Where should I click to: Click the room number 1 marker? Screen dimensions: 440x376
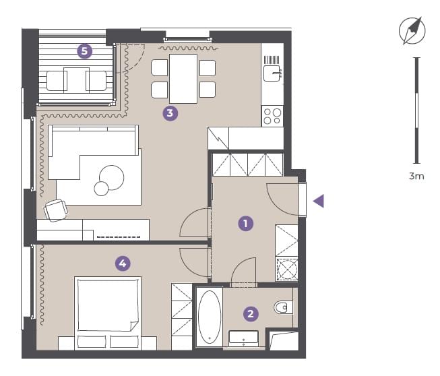tap(245, 223)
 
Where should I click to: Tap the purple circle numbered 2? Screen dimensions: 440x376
tap(251, 313)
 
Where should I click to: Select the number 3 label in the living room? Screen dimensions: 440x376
tap(170, 113)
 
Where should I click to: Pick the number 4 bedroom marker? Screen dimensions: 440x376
tap(123, 263)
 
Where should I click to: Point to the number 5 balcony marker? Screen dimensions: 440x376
tap(84, 51)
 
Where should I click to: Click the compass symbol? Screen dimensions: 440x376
tap(412, 30)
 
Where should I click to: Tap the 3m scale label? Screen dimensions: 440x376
tap(416, 177)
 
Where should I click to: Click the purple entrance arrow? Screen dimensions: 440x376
tap(319, 201)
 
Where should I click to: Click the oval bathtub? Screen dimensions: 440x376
tap(210, 317)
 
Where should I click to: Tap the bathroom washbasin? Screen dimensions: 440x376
tap(243, 339)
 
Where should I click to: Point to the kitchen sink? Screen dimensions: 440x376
tap(272, 73)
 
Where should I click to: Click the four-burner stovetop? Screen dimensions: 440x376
tap(272, 116)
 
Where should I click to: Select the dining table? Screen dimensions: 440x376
tap(183, 79)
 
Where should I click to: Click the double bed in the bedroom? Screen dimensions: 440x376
tap(108, 313)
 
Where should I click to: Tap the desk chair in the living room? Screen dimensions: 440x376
tap(56, 210)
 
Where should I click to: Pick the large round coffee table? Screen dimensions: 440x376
tap(111, 178)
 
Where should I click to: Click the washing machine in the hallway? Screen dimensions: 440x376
tap(287, 270)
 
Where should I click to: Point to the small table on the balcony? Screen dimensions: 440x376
tap(76, 80)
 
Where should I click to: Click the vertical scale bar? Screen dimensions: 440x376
tap(417, 111)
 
